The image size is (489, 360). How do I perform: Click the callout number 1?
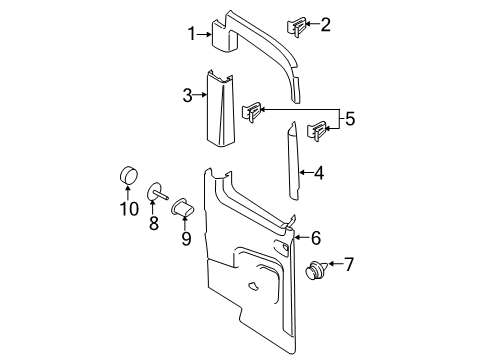[190, 34]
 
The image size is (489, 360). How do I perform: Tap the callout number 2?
[325, 24]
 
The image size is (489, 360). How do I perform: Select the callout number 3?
[187, 96]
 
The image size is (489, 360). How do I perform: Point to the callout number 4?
[318, 173]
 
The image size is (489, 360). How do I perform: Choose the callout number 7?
[349, 265]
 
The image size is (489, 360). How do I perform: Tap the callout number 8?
[153, 225]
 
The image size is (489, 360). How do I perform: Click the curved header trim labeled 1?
[260, 38]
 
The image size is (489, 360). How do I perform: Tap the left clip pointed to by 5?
[255, 111]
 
